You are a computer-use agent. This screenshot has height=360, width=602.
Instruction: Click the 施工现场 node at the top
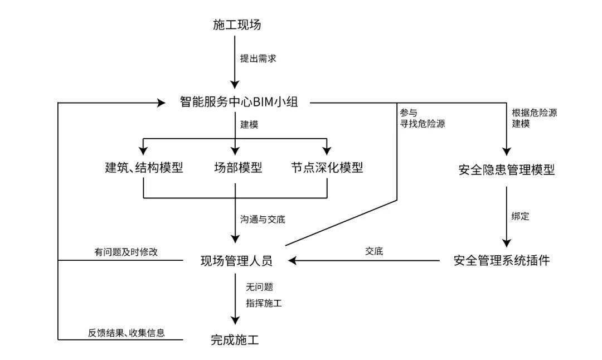tap(237, 25)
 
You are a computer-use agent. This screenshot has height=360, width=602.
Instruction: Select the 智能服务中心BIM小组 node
tap(239, 102)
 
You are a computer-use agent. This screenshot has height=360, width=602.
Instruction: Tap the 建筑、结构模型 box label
tap(144, 167)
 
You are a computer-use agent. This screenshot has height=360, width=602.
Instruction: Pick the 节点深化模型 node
tap(327, 167)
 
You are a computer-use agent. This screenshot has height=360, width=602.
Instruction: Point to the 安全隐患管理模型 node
tap(507, 170)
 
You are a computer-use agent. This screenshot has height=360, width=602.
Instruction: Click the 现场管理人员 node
tap(237, 260)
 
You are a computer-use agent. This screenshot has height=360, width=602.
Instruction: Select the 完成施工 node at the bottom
tap(235, 339)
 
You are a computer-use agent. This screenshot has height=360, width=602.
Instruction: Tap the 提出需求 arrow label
tap(258, 58)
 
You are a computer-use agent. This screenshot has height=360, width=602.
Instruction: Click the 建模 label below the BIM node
tap(249, 125)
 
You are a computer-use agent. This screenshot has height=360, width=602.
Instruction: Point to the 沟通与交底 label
tap(263, 220)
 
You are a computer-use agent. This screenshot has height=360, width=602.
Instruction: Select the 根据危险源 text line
tap(534, 112)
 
